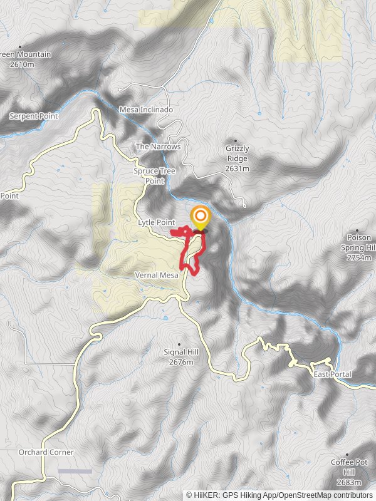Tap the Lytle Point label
point(156,222)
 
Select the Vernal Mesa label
point(157,275)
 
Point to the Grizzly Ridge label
point(238,158)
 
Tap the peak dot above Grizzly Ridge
point(236,141)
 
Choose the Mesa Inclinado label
point(146,110)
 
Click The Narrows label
point(158,147)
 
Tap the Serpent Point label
point(34,116)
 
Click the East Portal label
point(332,374)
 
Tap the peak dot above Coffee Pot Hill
point(347,455)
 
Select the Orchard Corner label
point(46,452)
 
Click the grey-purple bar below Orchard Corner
point(75,471)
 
